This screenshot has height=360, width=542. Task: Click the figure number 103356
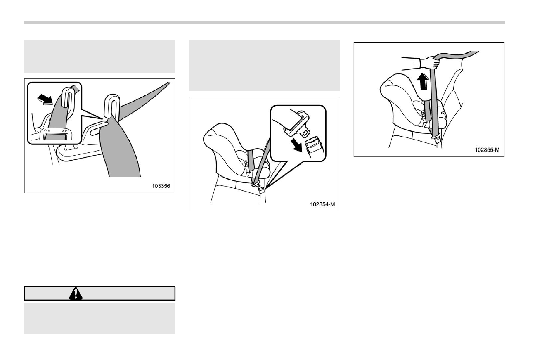coord(161,186)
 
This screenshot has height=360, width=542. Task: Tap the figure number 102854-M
coord(322,204)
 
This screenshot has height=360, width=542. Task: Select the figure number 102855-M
coord(487,150)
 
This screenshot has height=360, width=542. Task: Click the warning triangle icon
coord(76,294)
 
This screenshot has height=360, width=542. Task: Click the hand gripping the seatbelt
coord(431,62)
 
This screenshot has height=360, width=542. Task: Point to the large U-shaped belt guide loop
coord(112,107)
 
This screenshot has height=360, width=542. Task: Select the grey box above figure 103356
coord(99,56)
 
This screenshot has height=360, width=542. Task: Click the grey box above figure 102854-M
coord(264,65)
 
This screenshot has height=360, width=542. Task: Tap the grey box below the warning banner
coord(99,318)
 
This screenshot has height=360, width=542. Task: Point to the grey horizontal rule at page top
coord(264,23)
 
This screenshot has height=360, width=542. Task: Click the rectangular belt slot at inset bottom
coord(57,134)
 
